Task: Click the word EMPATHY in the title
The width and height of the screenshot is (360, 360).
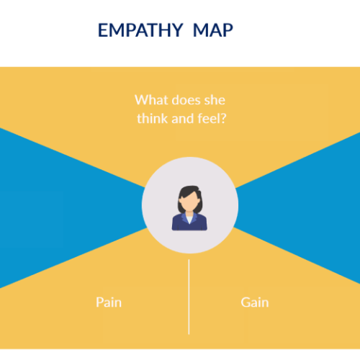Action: click(x=138, y=31)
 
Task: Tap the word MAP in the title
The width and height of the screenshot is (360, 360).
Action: click(x=213, y=31)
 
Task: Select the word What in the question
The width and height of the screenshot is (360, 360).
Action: click(x=150, y=100)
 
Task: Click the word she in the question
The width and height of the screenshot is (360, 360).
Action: click(x=215, y=100)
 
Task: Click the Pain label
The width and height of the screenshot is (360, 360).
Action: click(x=109, y=302)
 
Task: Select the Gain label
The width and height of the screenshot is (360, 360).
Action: click(x=255, y=302)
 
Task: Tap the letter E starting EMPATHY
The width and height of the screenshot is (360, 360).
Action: click(x=102, y=31)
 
